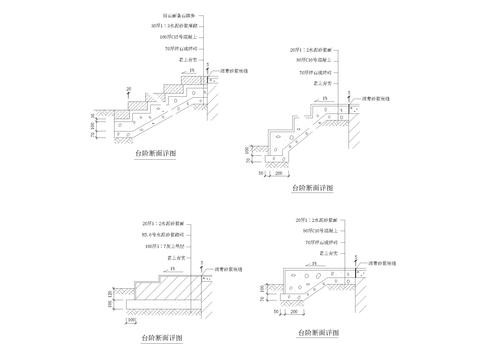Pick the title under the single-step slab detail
pyautogui.click(x=318, y=333)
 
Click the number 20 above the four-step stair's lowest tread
pyautogui.click(x=129, y=89)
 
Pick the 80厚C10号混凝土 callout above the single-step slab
pyautogui.click(x=317, y=231)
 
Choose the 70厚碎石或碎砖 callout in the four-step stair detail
pyautogui.click(x=184, y=47)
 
